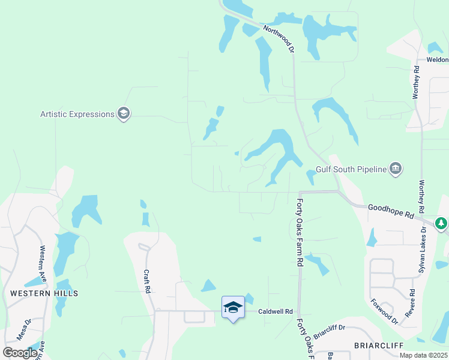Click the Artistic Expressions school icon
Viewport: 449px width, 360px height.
tap(124, 113)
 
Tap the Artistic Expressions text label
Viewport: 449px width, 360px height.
tap(77, 114)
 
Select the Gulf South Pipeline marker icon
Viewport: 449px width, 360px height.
tap(396, 169)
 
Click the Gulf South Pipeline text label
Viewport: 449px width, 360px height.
tap(352, 170)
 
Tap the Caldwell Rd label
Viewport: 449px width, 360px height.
tap(275, 311)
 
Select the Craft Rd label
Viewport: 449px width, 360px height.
tap(146, 281)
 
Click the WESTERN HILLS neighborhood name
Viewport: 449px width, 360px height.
tap(44, 293)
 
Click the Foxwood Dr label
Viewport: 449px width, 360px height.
tap(384, 311)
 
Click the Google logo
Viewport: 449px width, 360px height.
tap(20, 352)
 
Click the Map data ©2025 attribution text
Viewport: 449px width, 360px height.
tap(424, 355)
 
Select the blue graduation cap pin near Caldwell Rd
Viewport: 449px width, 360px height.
tap(233, 308)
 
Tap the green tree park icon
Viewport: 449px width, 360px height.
tap(442, 224)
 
